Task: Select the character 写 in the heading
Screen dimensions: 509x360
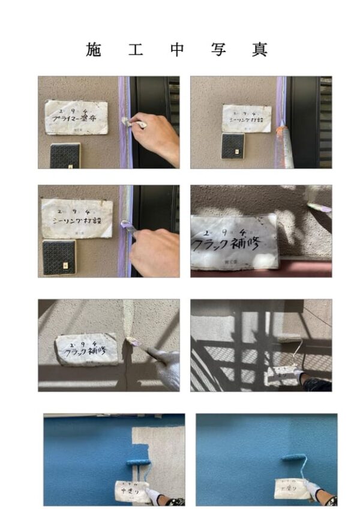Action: pos(218,50)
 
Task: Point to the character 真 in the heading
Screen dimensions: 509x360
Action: pos(260,50)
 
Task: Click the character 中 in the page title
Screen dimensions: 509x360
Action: pos(177,50)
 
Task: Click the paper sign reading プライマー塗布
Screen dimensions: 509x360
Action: pos(77,117)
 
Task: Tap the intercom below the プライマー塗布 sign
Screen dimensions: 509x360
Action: pos(65,155)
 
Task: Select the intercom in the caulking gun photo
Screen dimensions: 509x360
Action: pos(233,146)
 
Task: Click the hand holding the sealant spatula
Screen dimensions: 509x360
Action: pos(155,251)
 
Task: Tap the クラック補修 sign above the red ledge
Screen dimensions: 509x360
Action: pos(235,241)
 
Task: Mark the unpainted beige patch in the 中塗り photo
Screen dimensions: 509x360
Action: pos(159,444)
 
